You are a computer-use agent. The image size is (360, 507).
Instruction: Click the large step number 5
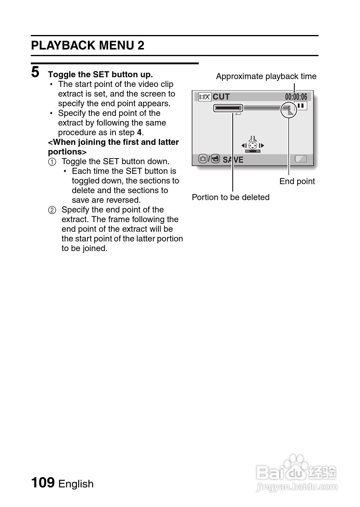tap(35, 72)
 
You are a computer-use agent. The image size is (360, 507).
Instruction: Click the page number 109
tap(43, 482)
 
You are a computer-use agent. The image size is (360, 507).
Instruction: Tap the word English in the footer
tap(76, 484)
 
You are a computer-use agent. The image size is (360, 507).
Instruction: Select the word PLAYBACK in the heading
tap(63, 46)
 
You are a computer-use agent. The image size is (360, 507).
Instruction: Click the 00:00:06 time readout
tap(296, 97)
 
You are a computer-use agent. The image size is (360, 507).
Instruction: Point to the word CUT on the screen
tap(221, 97)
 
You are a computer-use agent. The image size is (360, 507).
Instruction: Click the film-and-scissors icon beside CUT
tap(204, 97)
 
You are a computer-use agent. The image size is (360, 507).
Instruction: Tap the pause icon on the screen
tap(301, 106)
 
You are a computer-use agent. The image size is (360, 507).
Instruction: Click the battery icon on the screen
tap(301, 159)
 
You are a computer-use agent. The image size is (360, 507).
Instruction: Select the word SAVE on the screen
tap(233, 160)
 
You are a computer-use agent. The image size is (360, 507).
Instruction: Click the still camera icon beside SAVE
tap(203, 159)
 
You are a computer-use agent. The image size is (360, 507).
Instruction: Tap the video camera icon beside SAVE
tap(215, 159)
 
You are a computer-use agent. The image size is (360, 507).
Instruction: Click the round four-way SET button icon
tap(252, 146)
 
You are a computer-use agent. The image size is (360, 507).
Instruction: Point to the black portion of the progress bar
tap(227, 108)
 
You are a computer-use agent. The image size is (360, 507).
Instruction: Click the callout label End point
tap(297, 181)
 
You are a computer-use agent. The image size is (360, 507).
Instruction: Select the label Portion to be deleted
tap(230, 197)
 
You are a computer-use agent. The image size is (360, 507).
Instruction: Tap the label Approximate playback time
tap(266, 76)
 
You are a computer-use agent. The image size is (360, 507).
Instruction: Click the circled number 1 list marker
tap(52, 162)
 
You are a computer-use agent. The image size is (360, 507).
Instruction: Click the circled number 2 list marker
tap(52, 210)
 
